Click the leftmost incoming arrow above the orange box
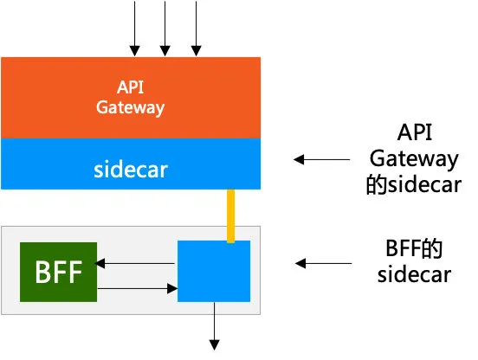click(x=134, y=29)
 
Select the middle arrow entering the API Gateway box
click(x=165, y=29)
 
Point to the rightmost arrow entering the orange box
click(x=196, y=29)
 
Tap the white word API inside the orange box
click(x=130, y=87)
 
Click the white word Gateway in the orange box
click(x=131, y=107)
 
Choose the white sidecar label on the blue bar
click(x=131, y=170)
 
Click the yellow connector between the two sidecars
click(x=230, y=216)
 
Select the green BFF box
click(x=59, y=272)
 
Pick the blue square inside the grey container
click(x=214, y=271)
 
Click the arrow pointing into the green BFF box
click(x=136, y=263)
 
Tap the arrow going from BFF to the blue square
click(x=137, y=288)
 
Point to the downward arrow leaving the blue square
click(x=214, y=326)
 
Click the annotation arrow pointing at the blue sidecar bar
click(x=321, y=159)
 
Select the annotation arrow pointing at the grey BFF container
click(x=324, y=263)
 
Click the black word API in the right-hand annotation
click(x=415, y=132)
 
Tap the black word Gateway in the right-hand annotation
click(x=414, y=159)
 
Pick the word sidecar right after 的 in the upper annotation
click(x=424, y=184)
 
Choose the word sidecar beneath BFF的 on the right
click(x=414, y=274)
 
